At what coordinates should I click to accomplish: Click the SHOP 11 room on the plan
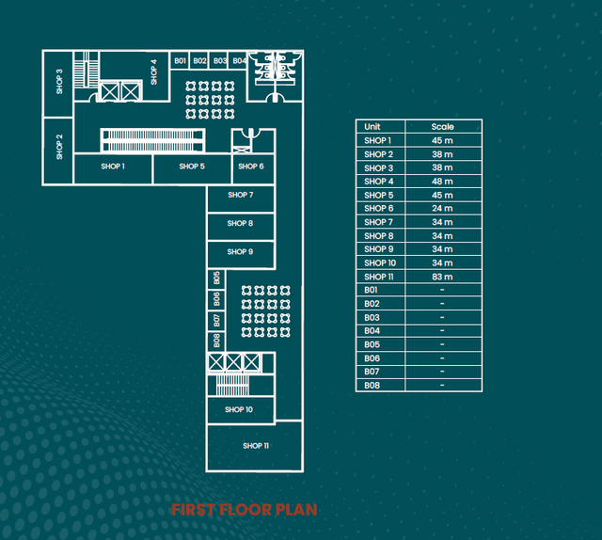click(x=255, y=446)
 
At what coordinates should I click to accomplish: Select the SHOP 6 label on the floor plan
click(x=251, y=167)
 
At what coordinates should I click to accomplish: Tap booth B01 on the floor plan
click(x=180, y=61)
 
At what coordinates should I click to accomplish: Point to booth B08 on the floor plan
click(x=216, y=341)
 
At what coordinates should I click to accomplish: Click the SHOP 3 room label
click(x=59, y=82)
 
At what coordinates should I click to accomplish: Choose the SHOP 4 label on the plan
click(x=154, y=71)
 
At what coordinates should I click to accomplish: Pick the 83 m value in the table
click(x=442, y=277)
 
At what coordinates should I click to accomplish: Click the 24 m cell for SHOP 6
click(x=442, y=208)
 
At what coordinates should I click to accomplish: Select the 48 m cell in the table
click(x=442, y=182)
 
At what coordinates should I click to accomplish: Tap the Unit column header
click(x=372, y=126)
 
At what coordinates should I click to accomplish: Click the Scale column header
click(x=442, y=126)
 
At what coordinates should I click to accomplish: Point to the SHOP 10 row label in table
click(x=380, y=262)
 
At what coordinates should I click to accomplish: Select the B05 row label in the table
click(x=372, y=344)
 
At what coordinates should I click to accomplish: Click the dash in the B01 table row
click(x=442, y=290)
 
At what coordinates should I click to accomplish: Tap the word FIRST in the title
click(x=193, y=510)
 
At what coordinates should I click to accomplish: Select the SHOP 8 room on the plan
click(x=241, y=227)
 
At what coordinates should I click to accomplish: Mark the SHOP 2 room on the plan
click(x=58, y=151)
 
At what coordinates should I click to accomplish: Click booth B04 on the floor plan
click(x=238, y=61)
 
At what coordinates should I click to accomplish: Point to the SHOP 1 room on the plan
click(x=113, y=169)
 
